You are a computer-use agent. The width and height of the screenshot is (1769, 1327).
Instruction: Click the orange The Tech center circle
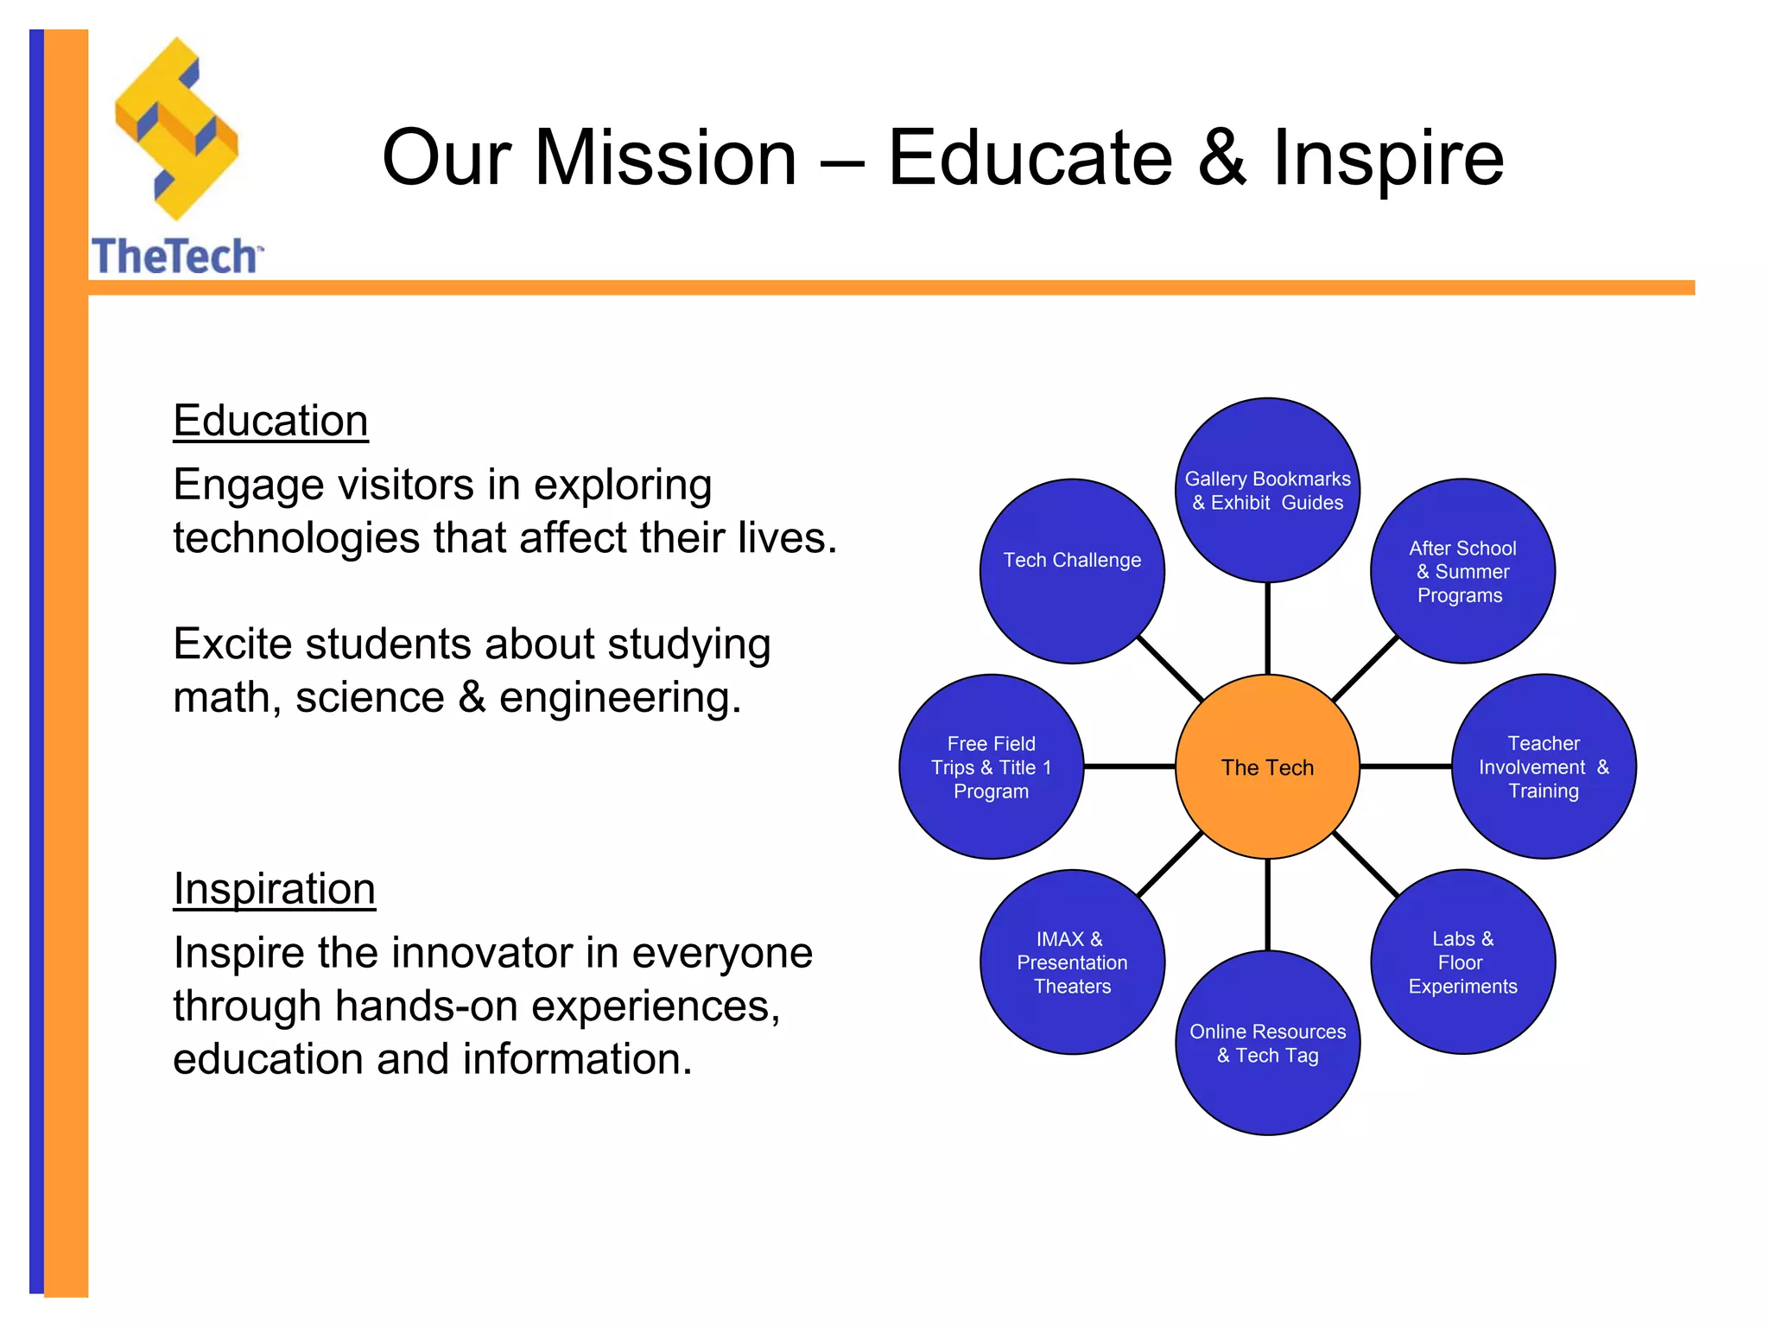tap(1267, 766)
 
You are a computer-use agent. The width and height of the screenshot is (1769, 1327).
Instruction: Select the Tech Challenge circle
tap(1072, 571)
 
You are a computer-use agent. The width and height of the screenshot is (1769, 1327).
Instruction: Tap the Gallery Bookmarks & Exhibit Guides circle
tap(1267, 490)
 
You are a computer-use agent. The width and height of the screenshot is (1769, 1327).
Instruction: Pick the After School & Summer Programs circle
tap(1462, 571)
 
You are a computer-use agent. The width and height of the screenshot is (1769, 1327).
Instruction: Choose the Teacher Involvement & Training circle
tap(1544, 766)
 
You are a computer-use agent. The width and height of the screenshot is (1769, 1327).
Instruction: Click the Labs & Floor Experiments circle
tap(1462, 962)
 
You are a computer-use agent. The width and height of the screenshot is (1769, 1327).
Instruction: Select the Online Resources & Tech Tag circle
tap(1267, 1043)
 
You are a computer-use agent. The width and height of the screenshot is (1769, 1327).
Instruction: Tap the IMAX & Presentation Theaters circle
tap(1072, 962)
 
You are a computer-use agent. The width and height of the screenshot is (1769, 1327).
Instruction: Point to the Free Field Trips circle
tap(991, 766)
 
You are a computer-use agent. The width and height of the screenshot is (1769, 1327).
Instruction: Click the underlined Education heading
tap(270, 421)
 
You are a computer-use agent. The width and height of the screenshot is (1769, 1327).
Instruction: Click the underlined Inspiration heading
tap(274, 889)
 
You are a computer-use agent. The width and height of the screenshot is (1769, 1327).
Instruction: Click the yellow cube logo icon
tap(176, 130)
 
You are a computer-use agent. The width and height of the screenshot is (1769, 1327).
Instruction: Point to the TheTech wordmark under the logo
tap(175, 257)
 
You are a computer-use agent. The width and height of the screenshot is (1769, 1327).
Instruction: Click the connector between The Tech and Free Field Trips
tap(1129, 766)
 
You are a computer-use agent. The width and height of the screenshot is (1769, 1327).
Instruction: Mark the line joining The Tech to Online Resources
tap(1267, 905)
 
